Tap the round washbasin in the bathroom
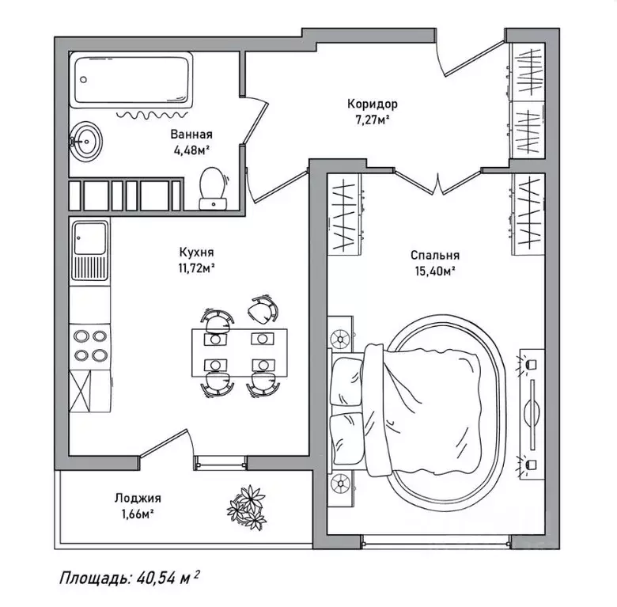(85, 140)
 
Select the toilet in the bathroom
(212, 188)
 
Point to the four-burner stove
(89, 345)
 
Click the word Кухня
(194, 252)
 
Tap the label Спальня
(434, 256)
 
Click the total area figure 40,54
(154, 579)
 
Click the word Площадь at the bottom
(91, 579)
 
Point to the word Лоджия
(137, 498)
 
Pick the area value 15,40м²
(434, 271)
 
